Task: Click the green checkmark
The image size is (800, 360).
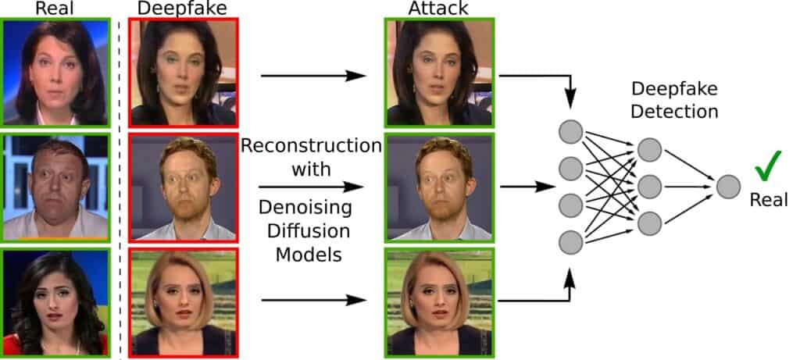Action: [x=768, y=166]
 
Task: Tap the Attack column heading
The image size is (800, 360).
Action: [x=439, y=9]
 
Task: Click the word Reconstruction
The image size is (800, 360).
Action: [x=311, y=146]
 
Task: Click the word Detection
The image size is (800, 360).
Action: [x=675, y=112]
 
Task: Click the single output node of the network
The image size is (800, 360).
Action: [x=728, y=187]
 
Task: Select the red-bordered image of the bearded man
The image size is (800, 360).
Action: [x=183, y=187]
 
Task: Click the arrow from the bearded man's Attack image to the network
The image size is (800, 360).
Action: [x=523, y=187]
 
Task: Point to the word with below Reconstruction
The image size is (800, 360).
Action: [x=311, y=169]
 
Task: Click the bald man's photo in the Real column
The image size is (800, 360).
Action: [x=55, y=187]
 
